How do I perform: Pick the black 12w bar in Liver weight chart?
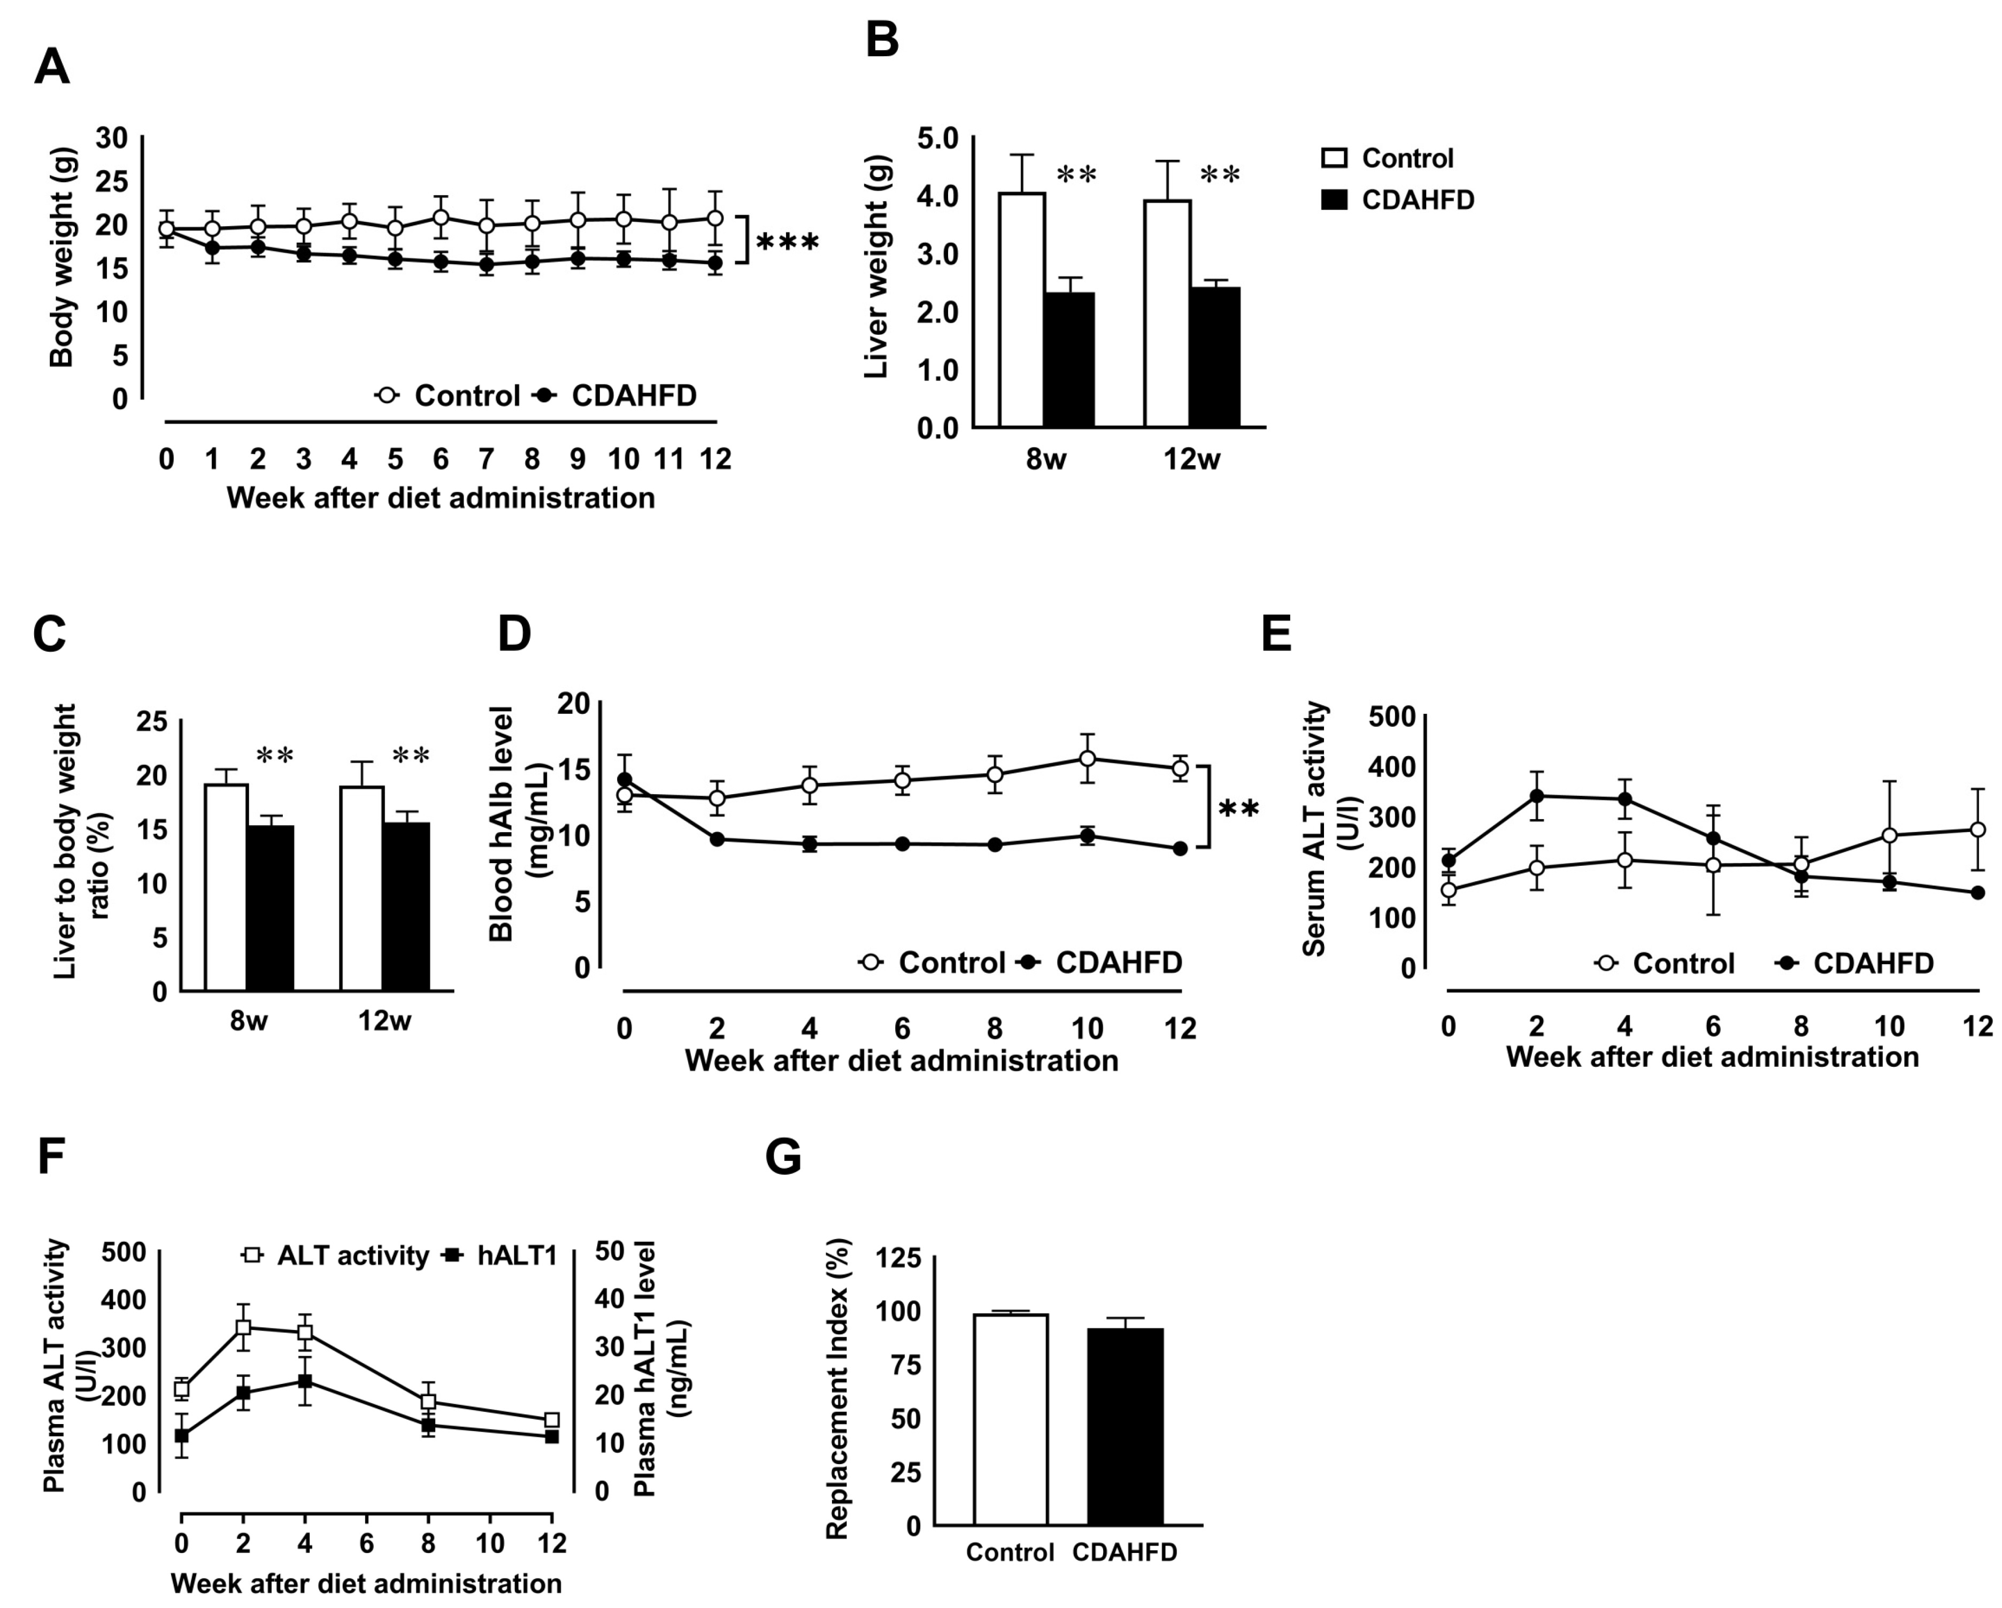point(1214,357)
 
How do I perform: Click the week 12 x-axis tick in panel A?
point(715,459)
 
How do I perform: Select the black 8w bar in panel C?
point(270,908)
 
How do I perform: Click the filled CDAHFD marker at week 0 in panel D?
point(625,780)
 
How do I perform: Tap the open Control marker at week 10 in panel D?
point(1087,758)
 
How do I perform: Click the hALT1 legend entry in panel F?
point(502,1256)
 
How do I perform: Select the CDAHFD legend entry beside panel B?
point(1398,199)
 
